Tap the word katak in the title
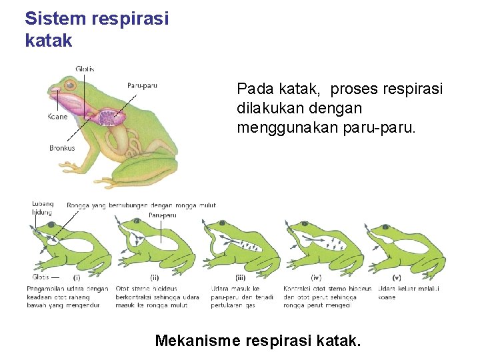click(x=48, y=40)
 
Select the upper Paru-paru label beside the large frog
click(x=142, y=85)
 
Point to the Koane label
click(x=57, y=117)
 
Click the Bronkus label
click(x=62, y=148)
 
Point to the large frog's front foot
click(x=79, y=167)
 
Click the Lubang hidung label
click(x=43, y=207)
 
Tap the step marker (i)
click(x=77, y=277)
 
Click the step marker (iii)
click(x=241, y=277)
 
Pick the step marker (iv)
click(x=316, y=277)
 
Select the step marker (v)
click(x=397, y=277)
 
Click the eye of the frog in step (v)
click(x=389, y=225)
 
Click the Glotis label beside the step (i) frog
click(x=40, y=277)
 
